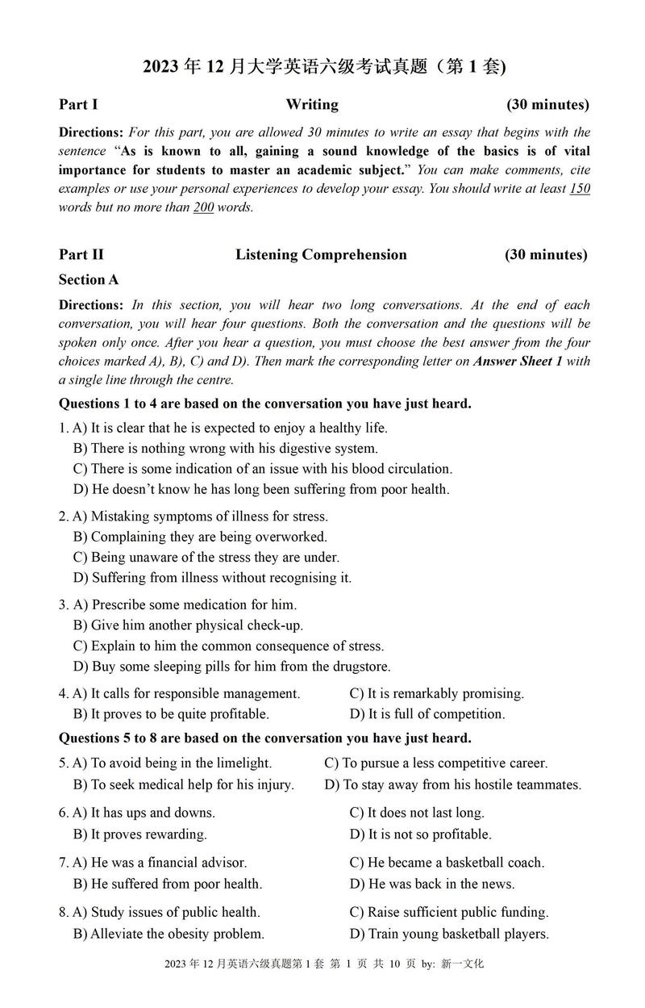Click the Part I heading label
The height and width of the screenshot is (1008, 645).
[x=78, y=104]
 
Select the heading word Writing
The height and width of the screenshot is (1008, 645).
[x=312, y=104]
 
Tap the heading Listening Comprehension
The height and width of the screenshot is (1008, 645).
[x=321, y=255]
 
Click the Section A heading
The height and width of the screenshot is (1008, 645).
[x=89, y=280]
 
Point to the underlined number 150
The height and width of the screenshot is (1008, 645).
[x=580, y=189]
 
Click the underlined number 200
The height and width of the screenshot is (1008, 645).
[x=203, y=207]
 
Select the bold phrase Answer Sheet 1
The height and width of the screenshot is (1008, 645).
[x=518, y=361]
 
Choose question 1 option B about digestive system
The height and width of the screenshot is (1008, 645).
[x=225, y=449]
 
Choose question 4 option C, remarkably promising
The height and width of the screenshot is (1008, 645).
[x=437, y=694]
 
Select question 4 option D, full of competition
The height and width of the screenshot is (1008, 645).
[x=427, y=714]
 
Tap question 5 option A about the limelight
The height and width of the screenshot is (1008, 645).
[x=173, y=763]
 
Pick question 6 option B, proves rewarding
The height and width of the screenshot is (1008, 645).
[x=140, y=834]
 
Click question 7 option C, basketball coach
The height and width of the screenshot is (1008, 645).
[x=447, y=863]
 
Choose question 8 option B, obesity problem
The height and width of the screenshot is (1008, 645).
[x=169, y=935]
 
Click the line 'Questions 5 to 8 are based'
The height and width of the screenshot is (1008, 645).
[x=265, y=738]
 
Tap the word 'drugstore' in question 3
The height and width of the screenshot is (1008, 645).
[x=360, y=667]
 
